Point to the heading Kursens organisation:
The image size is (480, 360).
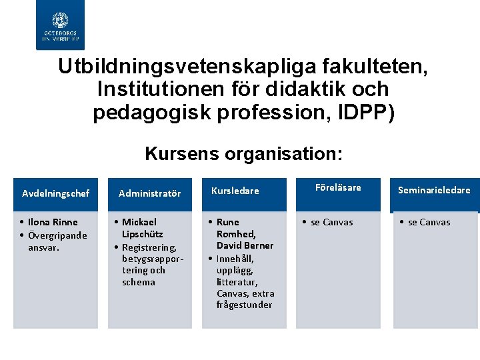click(244, 154)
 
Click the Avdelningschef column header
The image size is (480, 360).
click(55, 194)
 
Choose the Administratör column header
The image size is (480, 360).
click(150, 194)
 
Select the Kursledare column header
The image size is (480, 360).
click(235, 191)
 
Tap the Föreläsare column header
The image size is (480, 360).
click(338, 188)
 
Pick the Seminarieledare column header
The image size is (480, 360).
click(434, 190)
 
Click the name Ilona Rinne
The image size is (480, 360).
click(53, 222)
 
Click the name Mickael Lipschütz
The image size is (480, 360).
click(141, 228)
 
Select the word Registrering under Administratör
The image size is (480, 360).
click(149, 247)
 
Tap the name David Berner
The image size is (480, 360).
click(245, 245)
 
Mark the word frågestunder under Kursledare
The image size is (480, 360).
click(244, 305)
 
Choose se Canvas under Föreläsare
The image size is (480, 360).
click(332, 222)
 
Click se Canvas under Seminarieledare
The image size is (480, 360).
click(429, 222)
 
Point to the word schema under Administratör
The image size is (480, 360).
click(139, 282)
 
